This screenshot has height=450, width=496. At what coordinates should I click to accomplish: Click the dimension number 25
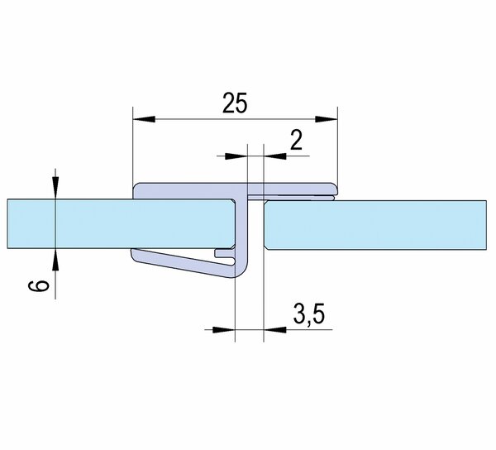(235, 103)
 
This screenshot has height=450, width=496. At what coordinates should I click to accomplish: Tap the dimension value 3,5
(309, 314)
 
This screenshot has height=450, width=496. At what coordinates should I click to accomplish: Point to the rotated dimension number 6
(39, 286)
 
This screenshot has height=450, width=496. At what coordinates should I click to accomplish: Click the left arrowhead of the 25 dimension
(144, 119)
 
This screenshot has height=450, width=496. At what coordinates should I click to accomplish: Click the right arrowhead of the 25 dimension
(327, 119)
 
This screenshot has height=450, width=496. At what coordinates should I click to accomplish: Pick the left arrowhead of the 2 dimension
(236, 156)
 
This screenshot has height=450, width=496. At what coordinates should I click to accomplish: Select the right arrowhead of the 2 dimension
(275, 156)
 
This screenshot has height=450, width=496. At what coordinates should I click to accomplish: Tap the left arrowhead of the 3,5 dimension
(224, 330)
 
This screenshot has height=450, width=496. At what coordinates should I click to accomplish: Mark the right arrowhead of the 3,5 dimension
(275, 330)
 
